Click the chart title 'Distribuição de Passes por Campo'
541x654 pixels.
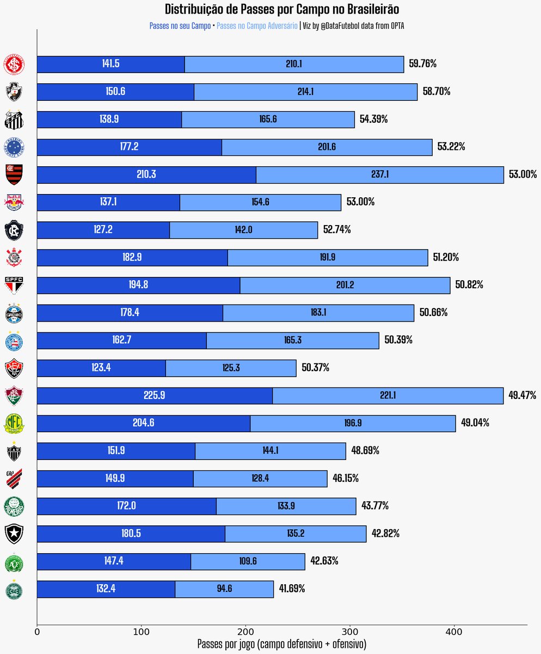click(x=282, y=9)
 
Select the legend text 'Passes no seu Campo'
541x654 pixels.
click(x=180, y=26)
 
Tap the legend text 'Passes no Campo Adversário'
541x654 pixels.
click(x=257, y=26)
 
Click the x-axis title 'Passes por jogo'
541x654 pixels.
click(x=282, y=644)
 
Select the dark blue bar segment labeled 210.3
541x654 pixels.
click(x=146, y=175)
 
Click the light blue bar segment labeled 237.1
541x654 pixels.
click(x=379, y=175)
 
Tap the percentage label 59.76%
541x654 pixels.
click(x=423, y=64)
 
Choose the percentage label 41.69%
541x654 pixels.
click(x=292, y=589)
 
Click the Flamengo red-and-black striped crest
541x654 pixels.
click(x=14, y=174)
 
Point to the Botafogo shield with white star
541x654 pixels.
click(x=14, y=534)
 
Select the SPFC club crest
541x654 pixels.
click(x=14, y=285)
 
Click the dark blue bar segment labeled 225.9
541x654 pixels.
click(x=155, y=396)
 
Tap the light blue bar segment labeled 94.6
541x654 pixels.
click(x=224, y=589)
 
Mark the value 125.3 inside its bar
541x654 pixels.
click(x=231, y=368)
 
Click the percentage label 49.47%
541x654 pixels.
click(x=522, y=395)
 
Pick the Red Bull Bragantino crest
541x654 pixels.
click(x=14, y=202)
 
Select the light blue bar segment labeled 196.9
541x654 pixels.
click(x=353, y=423)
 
